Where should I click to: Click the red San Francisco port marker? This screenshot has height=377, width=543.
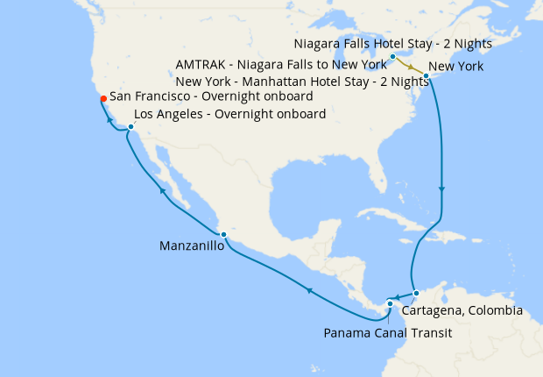103,98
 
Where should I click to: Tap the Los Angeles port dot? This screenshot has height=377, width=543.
130,127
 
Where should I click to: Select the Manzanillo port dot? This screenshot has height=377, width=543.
224,234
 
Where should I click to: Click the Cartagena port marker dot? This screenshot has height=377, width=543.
417,293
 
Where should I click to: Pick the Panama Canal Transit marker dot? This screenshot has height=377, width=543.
390,303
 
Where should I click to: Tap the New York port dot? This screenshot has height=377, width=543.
426,76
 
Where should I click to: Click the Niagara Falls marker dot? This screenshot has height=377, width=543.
392,57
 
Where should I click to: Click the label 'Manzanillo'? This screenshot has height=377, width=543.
192,246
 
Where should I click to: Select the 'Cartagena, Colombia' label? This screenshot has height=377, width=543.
462,310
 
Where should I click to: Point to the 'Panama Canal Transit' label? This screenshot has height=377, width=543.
387,332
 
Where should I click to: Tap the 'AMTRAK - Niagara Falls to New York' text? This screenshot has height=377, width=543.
281,65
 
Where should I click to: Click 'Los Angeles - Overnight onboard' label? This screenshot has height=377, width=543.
229,114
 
